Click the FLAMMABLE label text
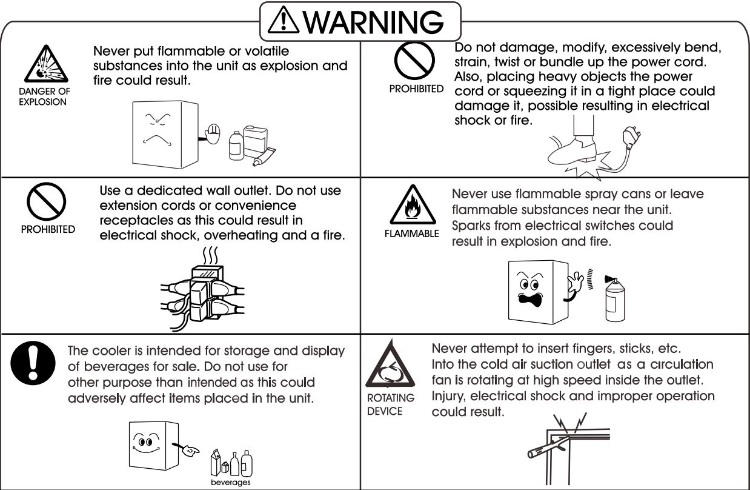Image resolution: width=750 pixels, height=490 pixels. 411,234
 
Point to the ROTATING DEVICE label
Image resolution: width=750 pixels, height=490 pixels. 391,404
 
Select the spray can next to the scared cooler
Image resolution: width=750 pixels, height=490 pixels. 614,301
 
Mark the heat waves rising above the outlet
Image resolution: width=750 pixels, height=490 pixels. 209,255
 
